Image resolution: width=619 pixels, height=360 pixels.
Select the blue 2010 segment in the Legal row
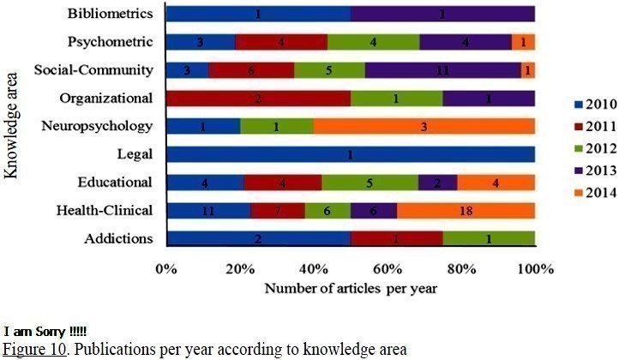pyautogui.click(x=350, y=154)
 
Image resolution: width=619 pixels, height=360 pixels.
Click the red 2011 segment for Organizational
pyautogui.click(x=258, y=98)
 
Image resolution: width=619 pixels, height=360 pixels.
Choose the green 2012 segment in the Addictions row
pyautogui.click(x=489, y=238)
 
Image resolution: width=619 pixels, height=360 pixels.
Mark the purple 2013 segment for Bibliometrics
pyautogui.click(x=442, y=14)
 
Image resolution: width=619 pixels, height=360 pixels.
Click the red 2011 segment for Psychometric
pyautogui.click(x=281, y=42)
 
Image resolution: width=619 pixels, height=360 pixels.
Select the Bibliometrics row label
pyautogui.click(x=111, y=14)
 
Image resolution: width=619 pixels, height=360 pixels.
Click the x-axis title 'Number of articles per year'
pyautogui.click(x=351, y=288)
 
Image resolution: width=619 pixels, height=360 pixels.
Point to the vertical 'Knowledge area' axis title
pyautogui.click(x=12, y=125)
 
